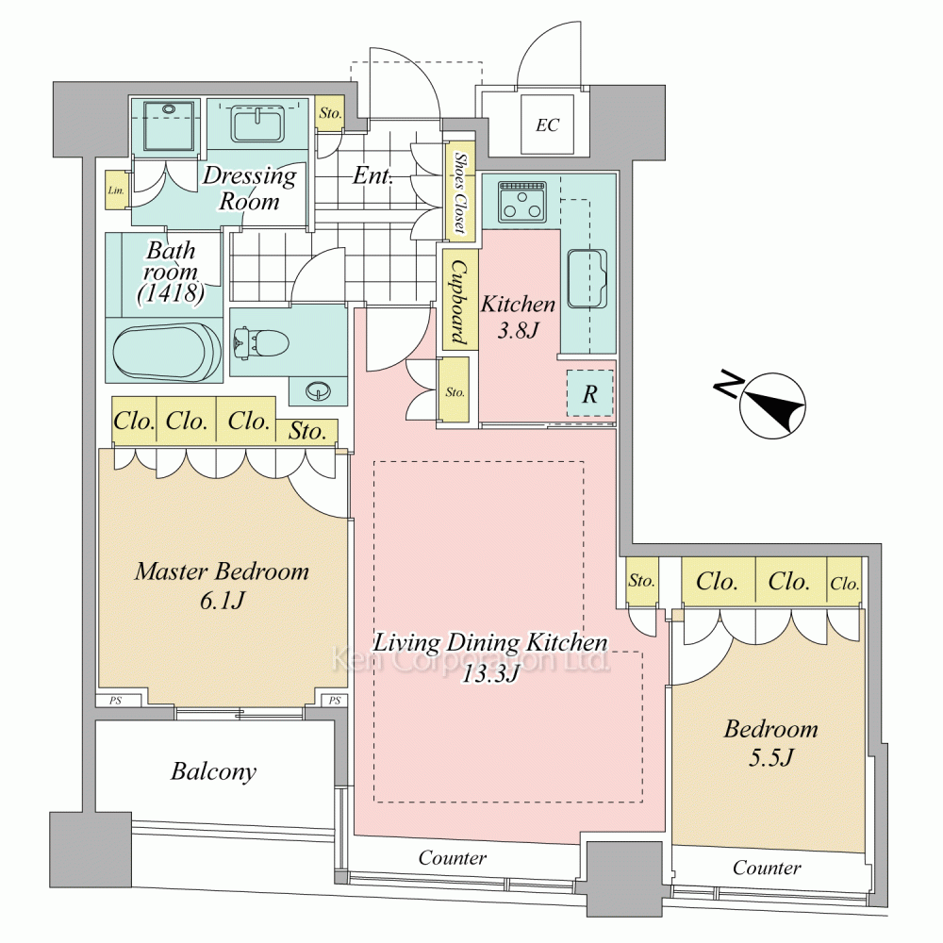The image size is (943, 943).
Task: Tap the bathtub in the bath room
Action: pyautogui.click(x=165, y=351)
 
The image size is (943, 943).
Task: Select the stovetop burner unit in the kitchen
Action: pyautogui.click(x=517, y=199)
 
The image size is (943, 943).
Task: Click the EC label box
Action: pyautogui.click(x=547, y=124)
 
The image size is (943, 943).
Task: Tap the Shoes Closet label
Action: pyautogui.click(x=459, y=192)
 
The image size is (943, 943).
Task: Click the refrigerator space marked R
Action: pyautogui.click(x=589, y=394)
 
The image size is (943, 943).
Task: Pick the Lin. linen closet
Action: pyautogui.click(x=116, y=191)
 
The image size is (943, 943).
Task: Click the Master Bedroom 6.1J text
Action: pyautogui.click(x=222, y=585)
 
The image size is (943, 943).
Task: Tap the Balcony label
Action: pyautogui.click(x=213, y=771)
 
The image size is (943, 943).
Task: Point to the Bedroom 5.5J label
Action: pyautogui.click(x=770, y=742)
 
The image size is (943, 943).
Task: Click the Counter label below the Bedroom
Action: pyautogui.click(x=767, y=868)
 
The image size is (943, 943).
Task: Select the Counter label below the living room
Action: pyautogui.click(x=453, y=858)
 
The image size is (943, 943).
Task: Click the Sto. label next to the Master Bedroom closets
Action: pyautogui.click(x=307, y=432)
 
